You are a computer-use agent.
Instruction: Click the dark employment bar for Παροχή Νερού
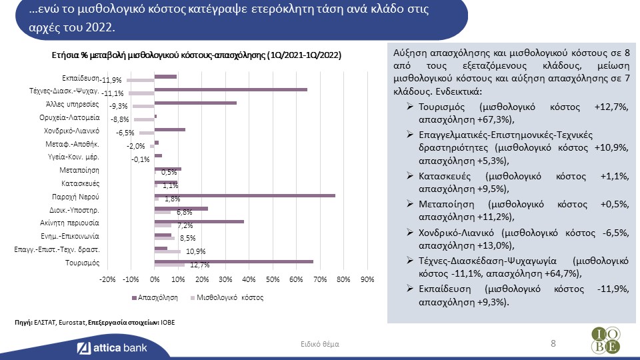click(x=245, y=196)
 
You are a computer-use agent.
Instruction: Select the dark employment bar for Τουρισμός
click(x=234, y=261)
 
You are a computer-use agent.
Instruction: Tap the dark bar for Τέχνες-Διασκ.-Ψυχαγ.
click(x=231, y=90)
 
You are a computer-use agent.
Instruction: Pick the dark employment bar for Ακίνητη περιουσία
click(x=199, y=221)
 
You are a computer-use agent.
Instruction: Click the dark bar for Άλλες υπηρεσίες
click(x=195, y=103)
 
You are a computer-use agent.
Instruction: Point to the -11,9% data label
click(x=111, y=80)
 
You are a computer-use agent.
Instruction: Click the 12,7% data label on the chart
click(x=199, y=265)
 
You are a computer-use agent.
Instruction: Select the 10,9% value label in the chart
click(x=195, y=251)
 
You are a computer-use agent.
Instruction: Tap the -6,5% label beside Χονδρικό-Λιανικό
click(x=125, y=133)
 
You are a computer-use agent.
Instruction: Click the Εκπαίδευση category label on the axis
click(x=81, y=78)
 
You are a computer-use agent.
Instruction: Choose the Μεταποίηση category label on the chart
click(x=79, y=170)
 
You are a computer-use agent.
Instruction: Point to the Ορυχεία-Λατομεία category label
click(x=69, y=117)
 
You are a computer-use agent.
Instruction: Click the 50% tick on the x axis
click(x=273, y=279)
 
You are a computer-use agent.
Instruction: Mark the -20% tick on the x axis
click(x=107, y=279)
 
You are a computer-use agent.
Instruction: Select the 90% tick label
click(x=367, y=279)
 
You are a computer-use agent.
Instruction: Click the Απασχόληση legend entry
click(x=155, y=297)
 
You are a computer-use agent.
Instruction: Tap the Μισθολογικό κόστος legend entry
click(x=227, y=297)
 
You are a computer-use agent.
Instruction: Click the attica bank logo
click(x=112, y=348)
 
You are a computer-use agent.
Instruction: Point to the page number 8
click(x=553, y=343)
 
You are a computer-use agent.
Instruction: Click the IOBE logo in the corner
click(x=606, y=340)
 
